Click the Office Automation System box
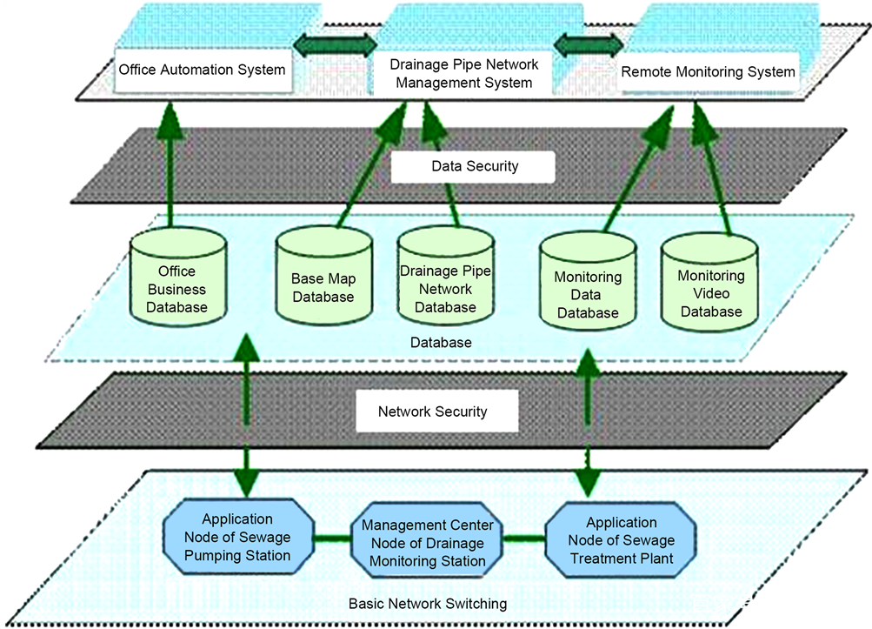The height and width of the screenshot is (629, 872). pyautogui.click(x=202, y=70)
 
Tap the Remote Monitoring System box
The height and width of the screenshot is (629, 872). pyautogui.click(x=708, y=71)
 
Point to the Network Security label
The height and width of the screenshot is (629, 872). pyautogui.click(x=432, y=412)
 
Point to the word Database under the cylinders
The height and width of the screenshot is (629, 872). pyautogui.click(x=441, y=343)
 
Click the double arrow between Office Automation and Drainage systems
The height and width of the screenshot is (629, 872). pyautogui.click(x=334, y=43)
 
